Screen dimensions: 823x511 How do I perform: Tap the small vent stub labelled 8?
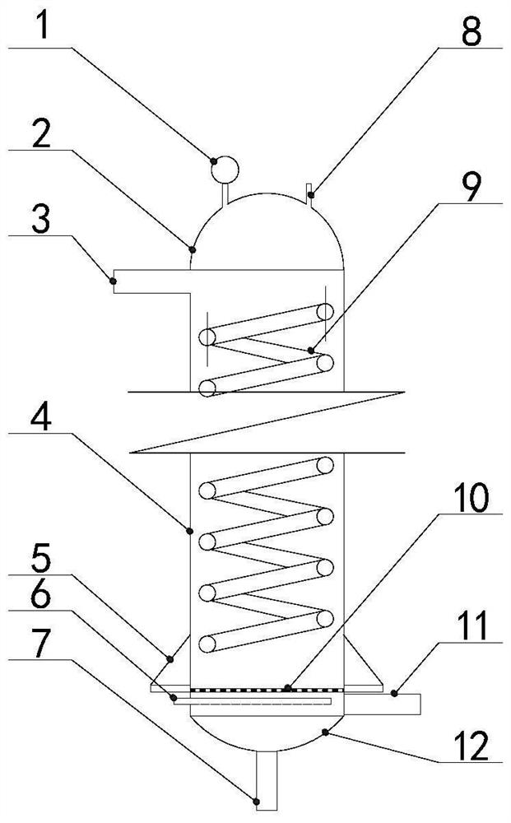(x=310, y=194)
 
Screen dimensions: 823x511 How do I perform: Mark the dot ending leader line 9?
(x=311, y=351)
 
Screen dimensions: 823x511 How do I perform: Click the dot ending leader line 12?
(x=328, y=729)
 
